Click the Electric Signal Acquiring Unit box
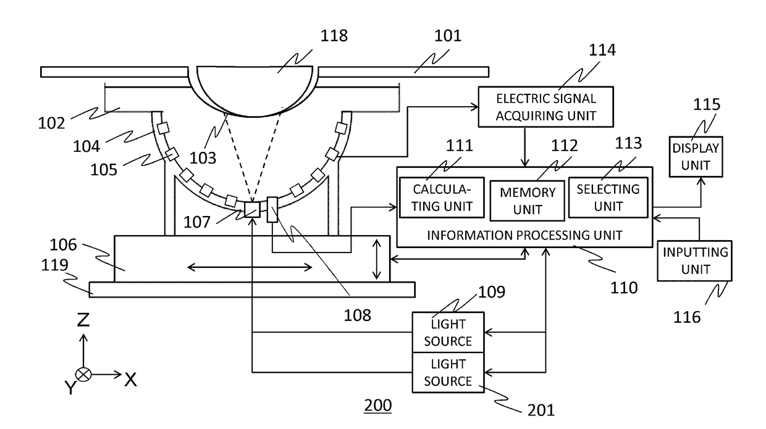(x=546, y=107)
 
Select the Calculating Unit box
(x=442, y=198)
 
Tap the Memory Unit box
(x=528, y=201)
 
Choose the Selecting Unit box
(x=608, y=198)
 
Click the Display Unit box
(x=696, y=157)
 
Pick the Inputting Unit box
(x=695, y=261)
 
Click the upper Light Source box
(x=448, y=332)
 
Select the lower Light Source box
(x=448, y=373)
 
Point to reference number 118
(x=334, y=36)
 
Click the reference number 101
(x=448, y=36)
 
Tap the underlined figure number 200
(x=377, y=406)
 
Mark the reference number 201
(x=541, y=410)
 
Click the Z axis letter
(x=83, y=320)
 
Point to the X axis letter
(x=130, y=380)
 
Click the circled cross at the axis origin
(x=83, y=375)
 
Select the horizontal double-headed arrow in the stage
(x=250, y=267)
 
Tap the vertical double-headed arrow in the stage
(x=376, y=259)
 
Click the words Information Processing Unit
(x=524, y=235)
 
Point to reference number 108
(x=357, y=315)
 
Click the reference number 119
(x=55, y=265)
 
